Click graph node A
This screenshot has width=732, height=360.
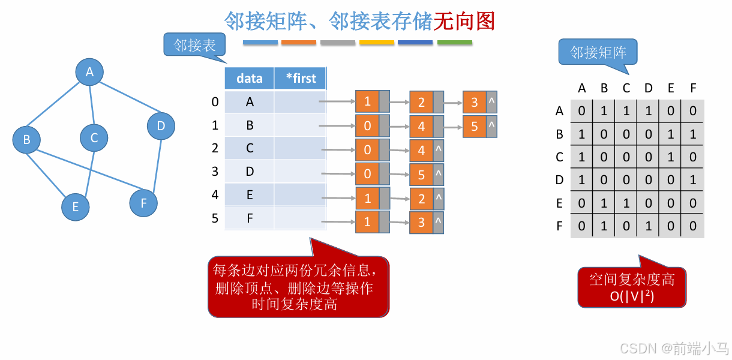[89, 72]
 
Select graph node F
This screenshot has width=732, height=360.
[143, 203]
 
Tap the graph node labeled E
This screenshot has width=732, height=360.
[76, 206]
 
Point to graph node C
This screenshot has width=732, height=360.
[94, 137]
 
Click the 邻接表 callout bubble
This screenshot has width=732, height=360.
[194, 45]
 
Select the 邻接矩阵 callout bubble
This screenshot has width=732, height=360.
[598, 52]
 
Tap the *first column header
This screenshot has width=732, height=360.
[301, 78]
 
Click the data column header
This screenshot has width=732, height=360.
[250, 78]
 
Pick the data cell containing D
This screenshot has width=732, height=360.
[250, 172]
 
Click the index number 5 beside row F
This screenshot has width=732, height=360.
[215, 218]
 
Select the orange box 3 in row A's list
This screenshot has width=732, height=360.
[475, 103]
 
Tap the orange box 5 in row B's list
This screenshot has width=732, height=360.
[475, 127]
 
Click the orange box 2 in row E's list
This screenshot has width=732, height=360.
[421, 199]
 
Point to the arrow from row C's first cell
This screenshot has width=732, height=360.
[338, 149]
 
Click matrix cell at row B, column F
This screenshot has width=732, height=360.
[693, 134]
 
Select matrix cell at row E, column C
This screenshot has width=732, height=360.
[626, 203]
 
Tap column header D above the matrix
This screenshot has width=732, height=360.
[649, 88]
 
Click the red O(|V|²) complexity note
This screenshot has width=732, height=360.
[632, 287]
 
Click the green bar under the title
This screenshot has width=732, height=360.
[454, 43]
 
